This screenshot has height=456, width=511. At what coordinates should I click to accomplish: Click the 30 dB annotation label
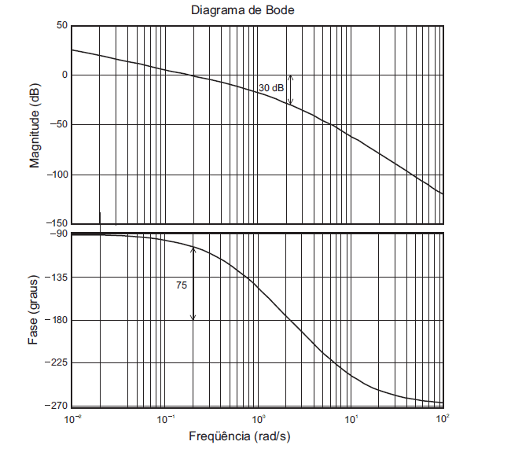(271, 88)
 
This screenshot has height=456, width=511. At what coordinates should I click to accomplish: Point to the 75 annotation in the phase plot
(182, 286)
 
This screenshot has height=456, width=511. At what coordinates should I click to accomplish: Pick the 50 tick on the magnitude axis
(61, 26)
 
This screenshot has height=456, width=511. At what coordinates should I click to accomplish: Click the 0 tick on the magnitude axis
(64, 75)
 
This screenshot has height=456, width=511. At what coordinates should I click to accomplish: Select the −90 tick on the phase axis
(58, 234)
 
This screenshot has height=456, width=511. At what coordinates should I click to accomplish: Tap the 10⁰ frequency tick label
(258, 418)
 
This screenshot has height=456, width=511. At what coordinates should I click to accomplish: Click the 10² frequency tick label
(442, 418)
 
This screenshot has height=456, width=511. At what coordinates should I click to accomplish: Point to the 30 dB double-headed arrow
(289, 90)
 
